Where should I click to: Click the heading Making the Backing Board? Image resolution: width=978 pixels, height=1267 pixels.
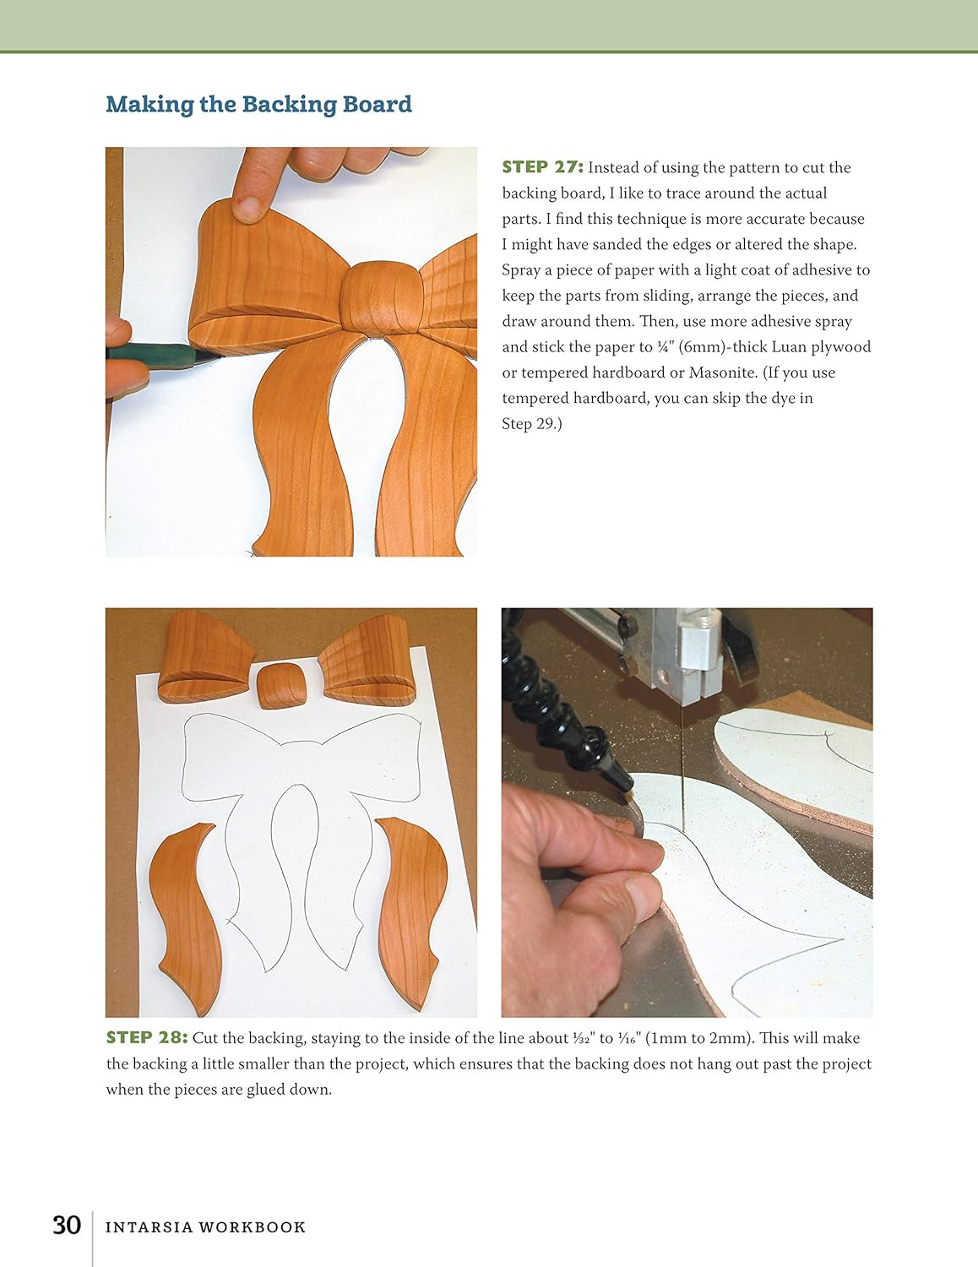[x=258, y=105]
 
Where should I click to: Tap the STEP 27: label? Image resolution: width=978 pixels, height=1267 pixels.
[x=542, y=167]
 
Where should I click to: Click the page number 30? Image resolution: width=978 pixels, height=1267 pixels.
[x=67, y=1226]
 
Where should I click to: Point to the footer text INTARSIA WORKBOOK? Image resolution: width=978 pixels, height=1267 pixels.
[x=205, y=1227]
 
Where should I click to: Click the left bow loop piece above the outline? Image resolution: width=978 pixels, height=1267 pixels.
[x=204, y=651]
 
